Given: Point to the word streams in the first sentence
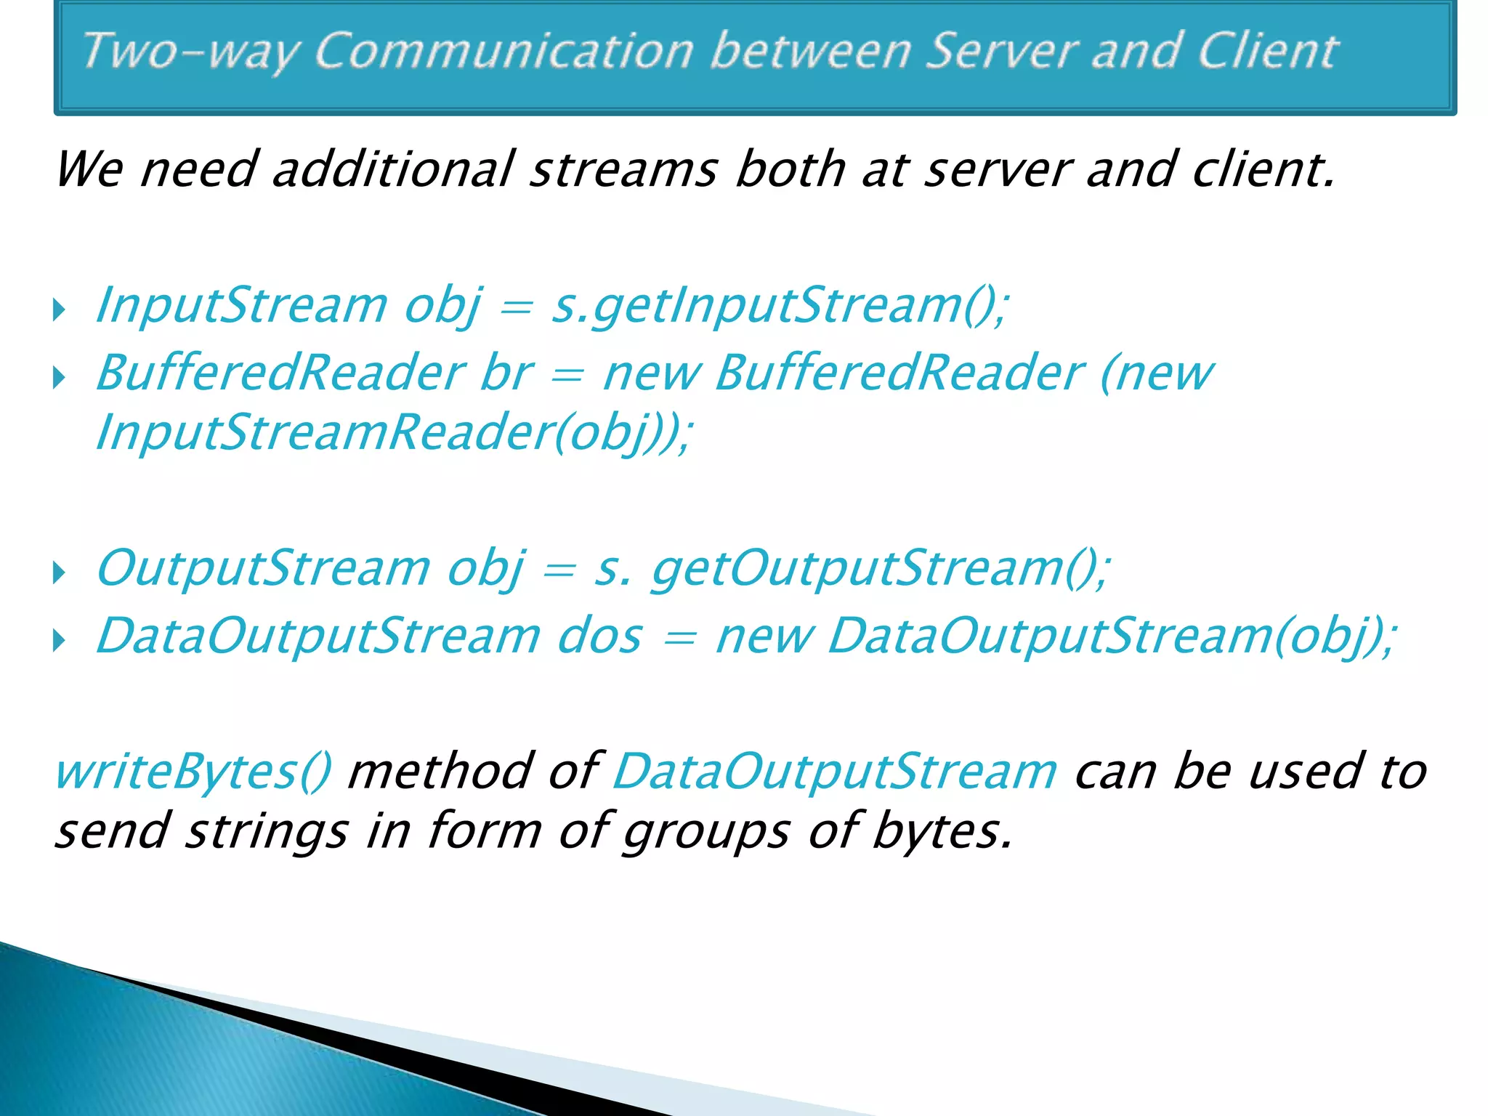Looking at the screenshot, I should pos(624,169).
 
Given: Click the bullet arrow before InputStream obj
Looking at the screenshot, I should pos(60,310).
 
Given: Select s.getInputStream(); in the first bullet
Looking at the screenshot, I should pos(780,306).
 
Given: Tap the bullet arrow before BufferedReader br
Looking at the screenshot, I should pos(60,378).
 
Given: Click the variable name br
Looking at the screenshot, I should pos(506,373).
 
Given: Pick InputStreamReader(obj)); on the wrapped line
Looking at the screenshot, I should pos(395,433).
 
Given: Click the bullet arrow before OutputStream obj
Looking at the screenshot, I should pos(60,573).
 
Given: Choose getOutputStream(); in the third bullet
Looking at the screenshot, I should pos(881,569).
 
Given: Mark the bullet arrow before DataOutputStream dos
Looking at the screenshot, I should pos(60,641).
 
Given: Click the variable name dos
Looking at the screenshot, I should pos(599,636).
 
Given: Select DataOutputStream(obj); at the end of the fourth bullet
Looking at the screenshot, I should pos(1112,636).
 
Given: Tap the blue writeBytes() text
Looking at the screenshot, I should pos(193,772).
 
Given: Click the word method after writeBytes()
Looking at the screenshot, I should pos(440,772).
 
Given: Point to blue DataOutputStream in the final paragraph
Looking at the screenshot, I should pos(835,772).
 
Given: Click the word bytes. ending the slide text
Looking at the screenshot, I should pos(942,831).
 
